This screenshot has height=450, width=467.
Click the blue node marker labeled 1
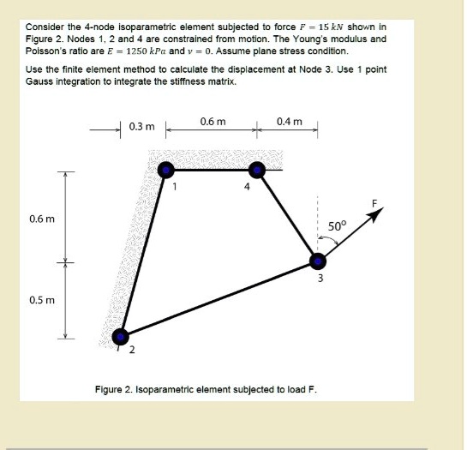[x=165, y=170]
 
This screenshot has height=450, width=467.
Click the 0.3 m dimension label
[x=141, y=127]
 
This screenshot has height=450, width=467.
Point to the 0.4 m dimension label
[x=290, y=121]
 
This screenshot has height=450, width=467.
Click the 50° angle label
[x=338, y=226]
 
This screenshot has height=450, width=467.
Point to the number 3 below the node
[x=319, y=279]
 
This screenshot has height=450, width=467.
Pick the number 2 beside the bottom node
[x=133, y=350]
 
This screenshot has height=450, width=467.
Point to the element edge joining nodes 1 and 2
[x=144, y=252]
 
